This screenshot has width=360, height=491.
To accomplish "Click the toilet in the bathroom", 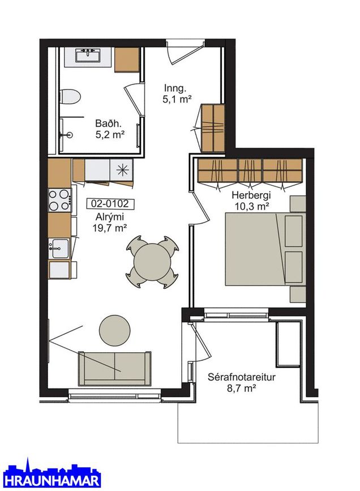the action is [70, 96].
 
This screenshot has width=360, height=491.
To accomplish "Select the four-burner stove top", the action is [60, 200].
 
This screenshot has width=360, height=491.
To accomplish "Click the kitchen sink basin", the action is [60, 248].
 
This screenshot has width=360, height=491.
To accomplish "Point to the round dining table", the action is [152, 262].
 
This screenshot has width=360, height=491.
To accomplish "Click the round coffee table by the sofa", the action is [114, 330].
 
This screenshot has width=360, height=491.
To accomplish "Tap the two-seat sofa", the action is [114, 368].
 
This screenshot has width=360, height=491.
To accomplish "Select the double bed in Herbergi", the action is [265, 249].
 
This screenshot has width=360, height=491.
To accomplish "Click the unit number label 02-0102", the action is [110, 204].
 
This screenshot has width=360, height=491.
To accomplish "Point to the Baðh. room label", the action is [108, 123].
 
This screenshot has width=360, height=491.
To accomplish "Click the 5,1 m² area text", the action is [177, 99].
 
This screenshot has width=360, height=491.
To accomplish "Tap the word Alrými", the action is [110, 217].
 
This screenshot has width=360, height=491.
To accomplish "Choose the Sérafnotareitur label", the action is [241, 377].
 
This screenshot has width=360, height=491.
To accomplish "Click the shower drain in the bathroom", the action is [69, 135].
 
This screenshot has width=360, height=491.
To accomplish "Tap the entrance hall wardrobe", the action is [213, 128].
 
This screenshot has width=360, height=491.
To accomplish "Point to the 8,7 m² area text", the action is [242, 388].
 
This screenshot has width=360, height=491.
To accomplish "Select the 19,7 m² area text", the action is [110, 228].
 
